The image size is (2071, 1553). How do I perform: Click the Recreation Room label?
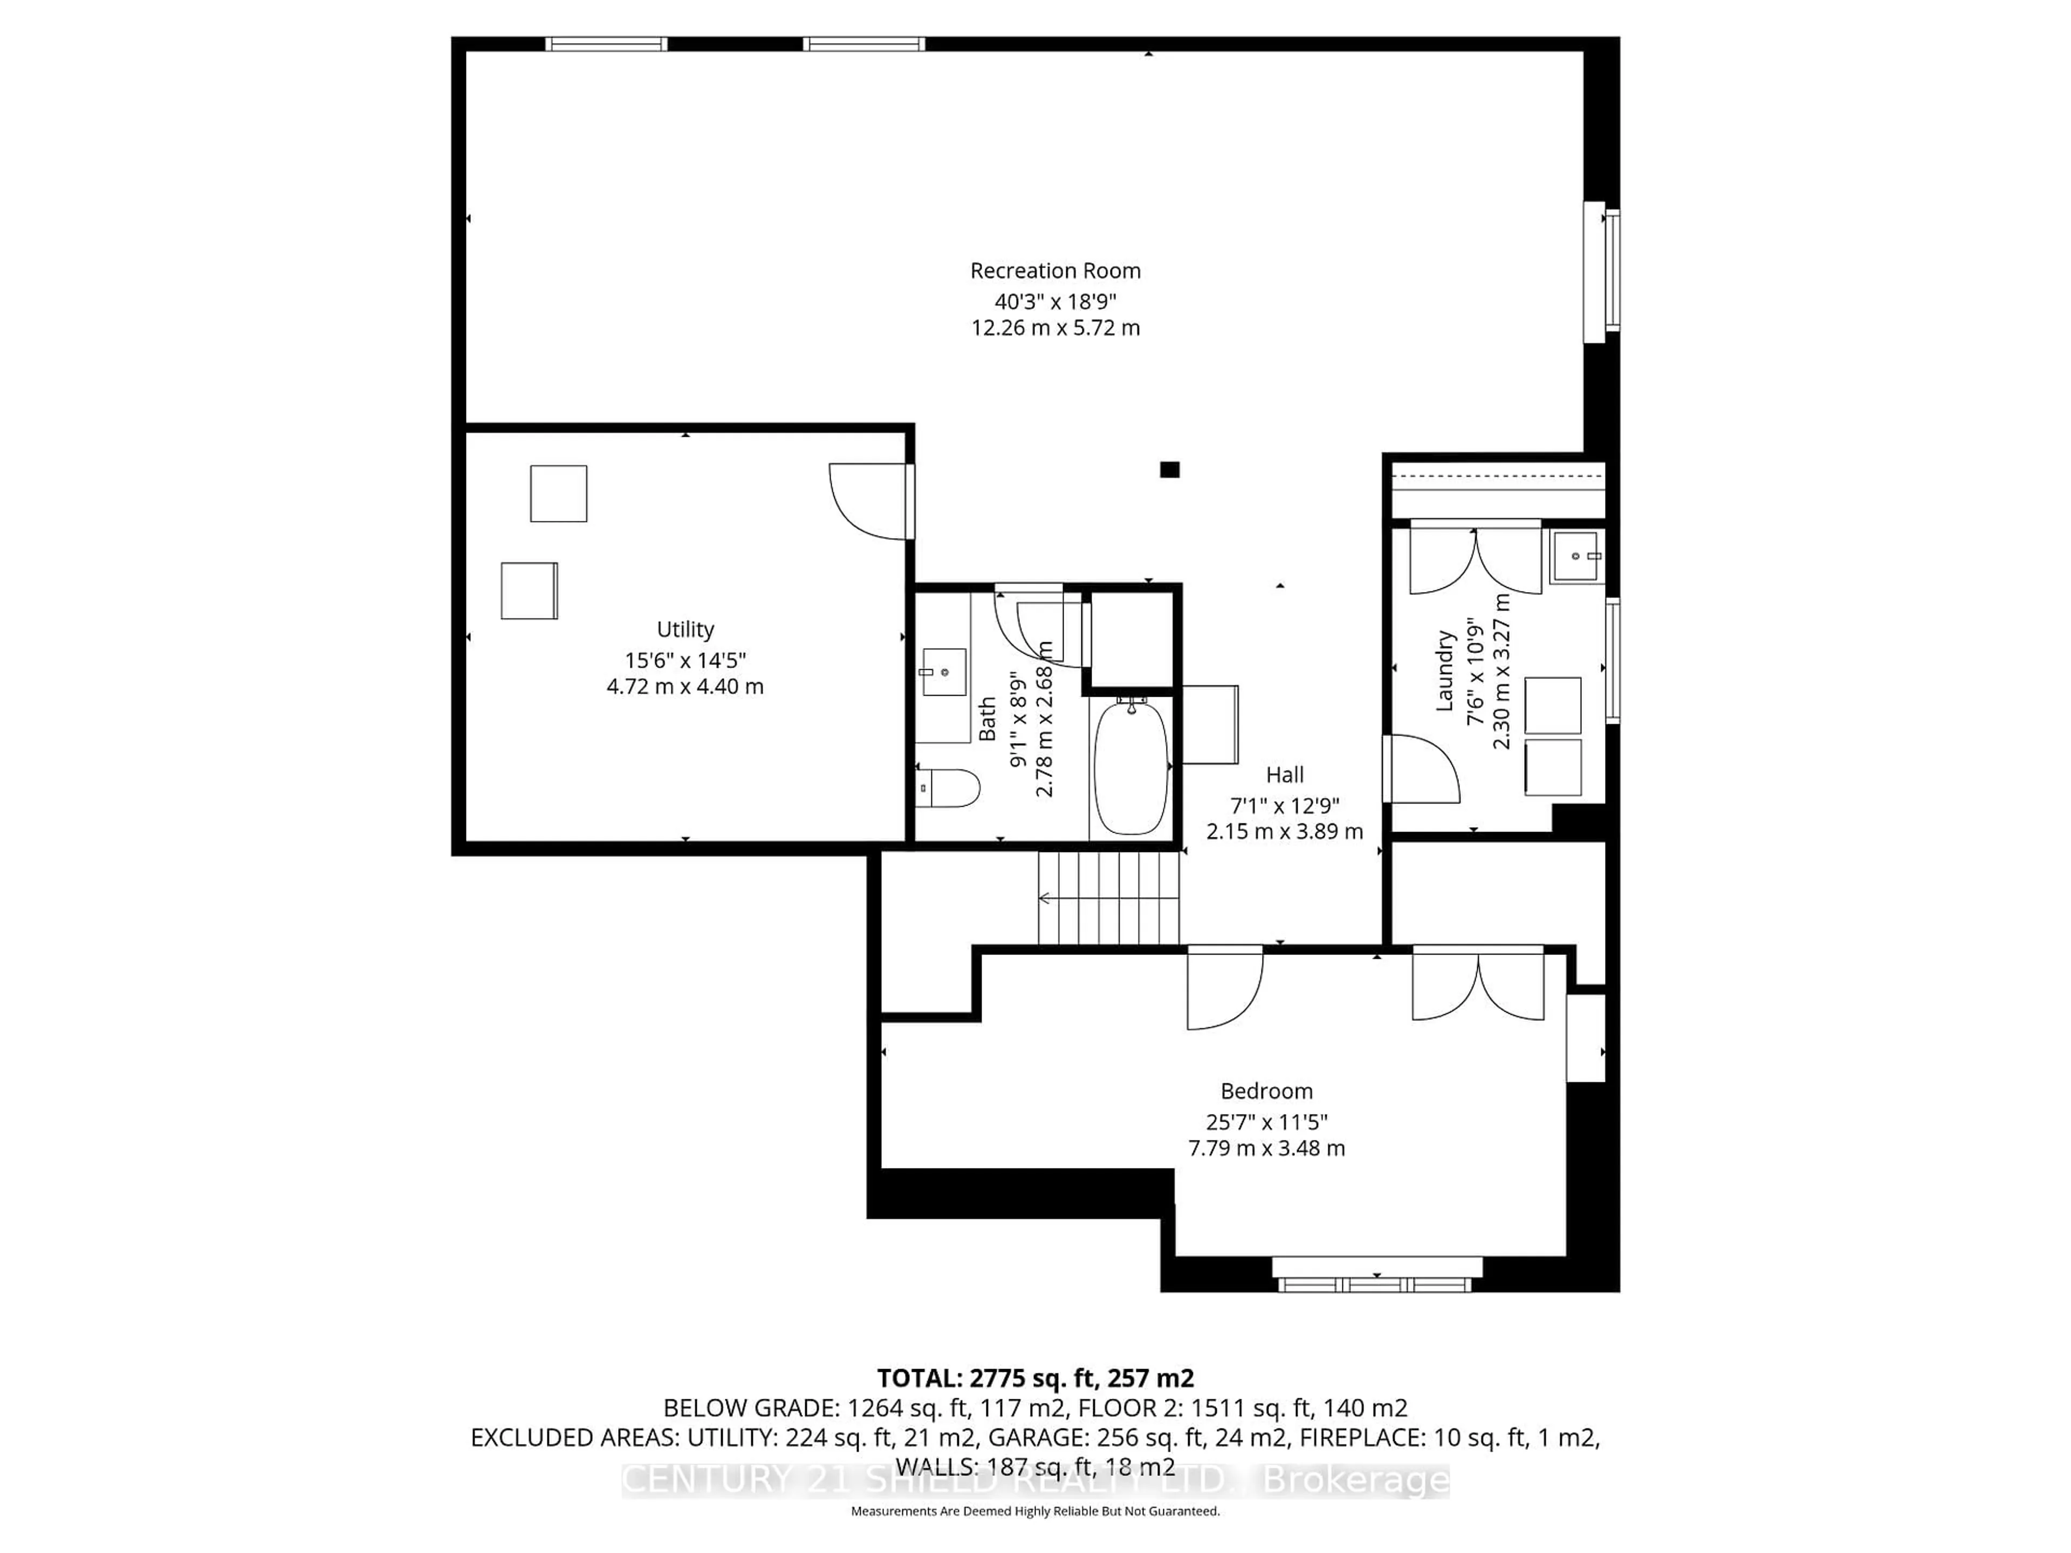pyautogui.click(x=1055, y=271)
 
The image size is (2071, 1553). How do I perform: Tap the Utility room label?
pyautogui.click(x=685, y=629)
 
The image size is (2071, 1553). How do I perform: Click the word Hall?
pyautogui.click(x=1285, y=774)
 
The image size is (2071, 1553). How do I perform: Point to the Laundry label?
pyautogui.click(x=1445, y=670)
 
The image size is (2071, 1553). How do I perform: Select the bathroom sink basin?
pyautogui.click(x=944, y=672)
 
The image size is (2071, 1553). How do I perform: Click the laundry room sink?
pyautogui.click(x=1576, y=556)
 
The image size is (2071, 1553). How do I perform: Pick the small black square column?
pyautogui.click(x=1169, y=469)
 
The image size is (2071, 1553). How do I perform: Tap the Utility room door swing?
pyautogui.click(x=870, y=501)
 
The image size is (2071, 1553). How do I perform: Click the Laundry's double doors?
pyautogui.click(x=1476, y=559)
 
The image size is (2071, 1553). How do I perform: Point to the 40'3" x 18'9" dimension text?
pyautogui.click(x=1055, y=301)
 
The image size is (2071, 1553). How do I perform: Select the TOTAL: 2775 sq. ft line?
pyautogui.click(x=1035, y=1378)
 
